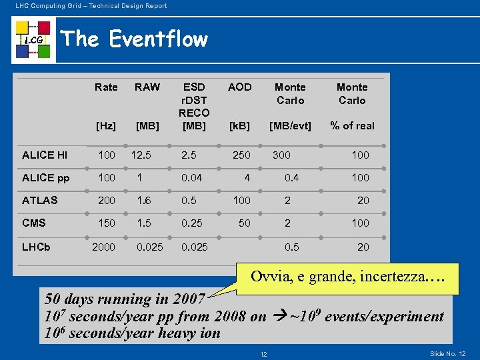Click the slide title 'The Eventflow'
(134, 39)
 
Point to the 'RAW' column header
(147, 87)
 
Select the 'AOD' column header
(239, 87)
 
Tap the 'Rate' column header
(106, 87)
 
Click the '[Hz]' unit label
(106, 125)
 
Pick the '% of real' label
(353, 125)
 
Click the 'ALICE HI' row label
(45, 155)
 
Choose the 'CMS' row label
(34, 223)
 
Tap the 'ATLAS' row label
(40, 200)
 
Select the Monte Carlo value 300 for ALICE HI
(281, 155)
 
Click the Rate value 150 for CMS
(107, 223)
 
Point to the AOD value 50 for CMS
(245, 223)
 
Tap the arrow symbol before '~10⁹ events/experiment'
(277, 316)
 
